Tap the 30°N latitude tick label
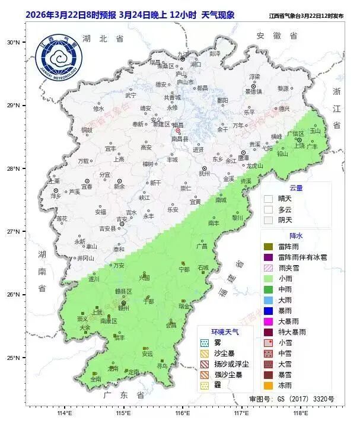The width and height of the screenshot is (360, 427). pos(13,42)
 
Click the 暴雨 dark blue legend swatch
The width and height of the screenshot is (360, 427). pos(269,311)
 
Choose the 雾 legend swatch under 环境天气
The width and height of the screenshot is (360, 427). pos(205,343)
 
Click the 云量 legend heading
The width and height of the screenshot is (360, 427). pos(296,187)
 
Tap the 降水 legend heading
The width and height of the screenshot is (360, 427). pos(296,235)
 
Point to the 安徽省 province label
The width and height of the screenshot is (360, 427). pos(276,36)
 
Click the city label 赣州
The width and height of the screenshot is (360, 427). pos(123,308)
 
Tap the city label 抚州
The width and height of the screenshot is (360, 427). pos(204,174)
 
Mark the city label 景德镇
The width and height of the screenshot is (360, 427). pos(254,91)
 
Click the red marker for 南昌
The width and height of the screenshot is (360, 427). pos(177,131)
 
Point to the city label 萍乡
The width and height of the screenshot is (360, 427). pos(56,195)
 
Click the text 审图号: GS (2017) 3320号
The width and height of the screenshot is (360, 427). pos(292,399)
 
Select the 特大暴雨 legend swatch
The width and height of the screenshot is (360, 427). pos(269,332)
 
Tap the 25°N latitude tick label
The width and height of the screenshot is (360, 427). pos(13,358)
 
